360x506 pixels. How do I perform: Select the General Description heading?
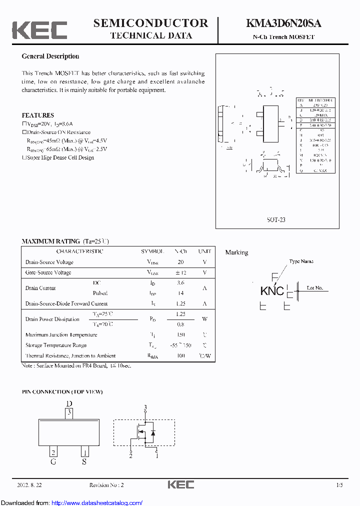click(x=50, y=56)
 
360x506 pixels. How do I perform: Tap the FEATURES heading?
click(x=37, y=115)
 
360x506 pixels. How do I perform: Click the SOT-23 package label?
click(x=276, y=219)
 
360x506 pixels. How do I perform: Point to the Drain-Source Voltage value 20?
click(x=180, y=262)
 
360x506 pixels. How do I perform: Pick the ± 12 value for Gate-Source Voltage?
click(x=180, y=272)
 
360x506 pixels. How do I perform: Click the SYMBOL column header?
click(x=152, y=251)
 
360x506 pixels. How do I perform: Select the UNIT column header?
click(x=204, y=251)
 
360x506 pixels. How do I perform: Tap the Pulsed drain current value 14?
click(x=180, y=293)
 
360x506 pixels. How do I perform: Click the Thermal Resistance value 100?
click(x=180, y=355)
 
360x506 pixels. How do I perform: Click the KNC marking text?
click(x=272, y=291)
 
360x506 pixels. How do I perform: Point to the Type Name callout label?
click(x=301, y=261)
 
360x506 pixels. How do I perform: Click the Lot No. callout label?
click(x=314, y=288)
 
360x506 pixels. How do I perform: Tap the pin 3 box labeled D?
click(x=69, y=413)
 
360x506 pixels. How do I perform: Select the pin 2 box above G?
click(x=53, y=452)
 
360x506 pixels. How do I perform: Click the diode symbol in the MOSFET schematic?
click(x=152, y=432)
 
